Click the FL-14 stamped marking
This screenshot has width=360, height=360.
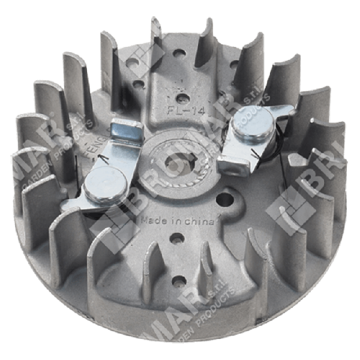(180, 111)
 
